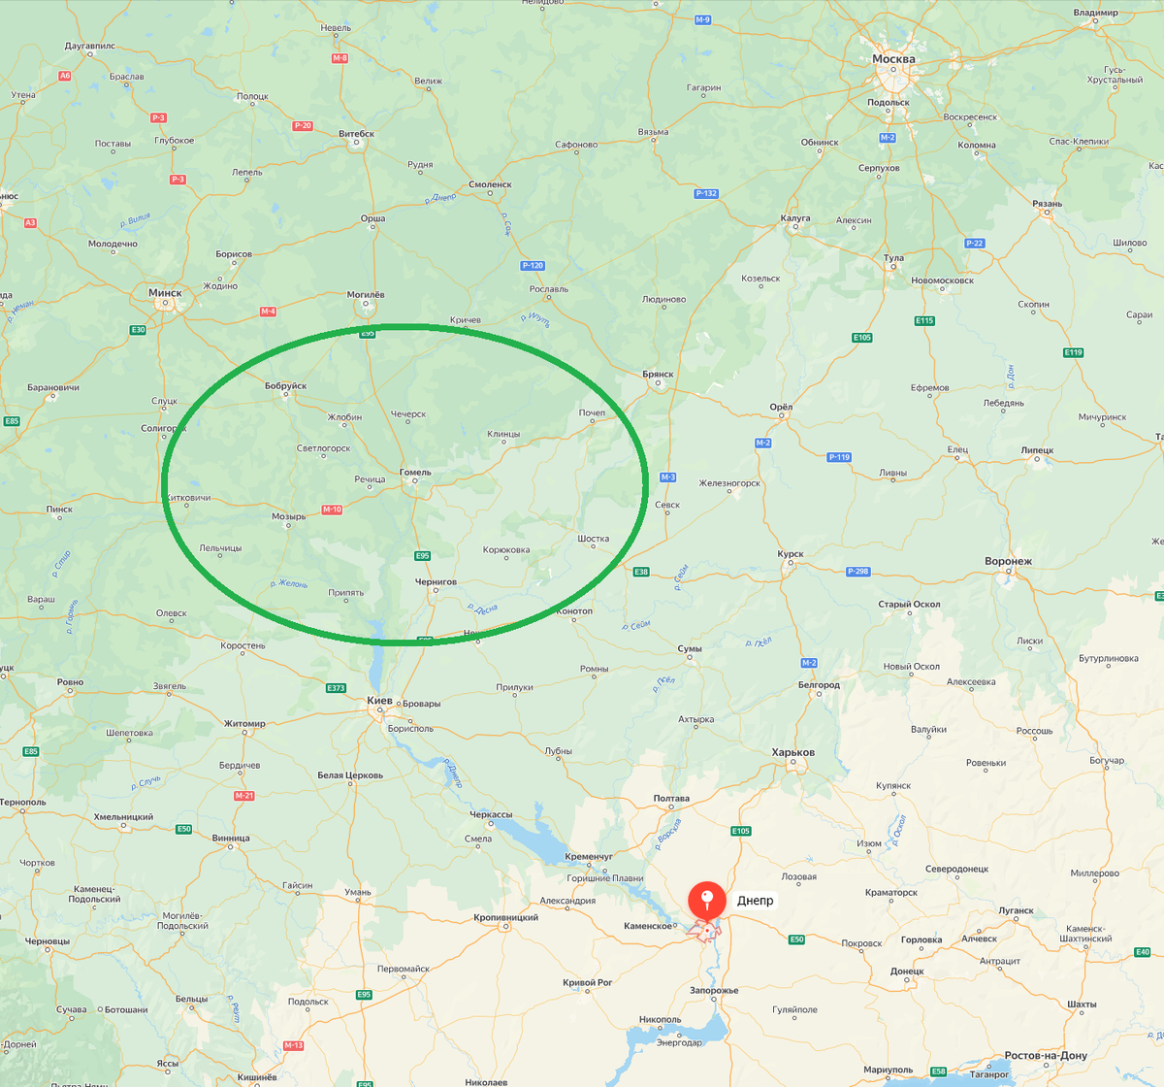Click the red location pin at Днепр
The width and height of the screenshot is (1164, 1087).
(x=707, y=901)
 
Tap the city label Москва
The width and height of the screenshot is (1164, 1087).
(x=893, y=59)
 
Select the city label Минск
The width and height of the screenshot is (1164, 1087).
(x=165, y=292)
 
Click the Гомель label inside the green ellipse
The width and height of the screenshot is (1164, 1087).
(x=415, y=473)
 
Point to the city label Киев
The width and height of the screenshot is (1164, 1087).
(x=379, y=700)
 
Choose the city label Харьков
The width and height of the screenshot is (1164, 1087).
(x=792, y=752)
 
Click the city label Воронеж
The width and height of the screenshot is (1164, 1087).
(x=1008, y=561)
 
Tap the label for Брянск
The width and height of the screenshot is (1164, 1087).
(x=658, y=374)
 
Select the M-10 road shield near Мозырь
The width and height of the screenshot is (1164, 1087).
(x=332, y=510)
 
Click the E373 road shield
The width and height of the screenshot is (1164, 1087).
(x=336, y=688)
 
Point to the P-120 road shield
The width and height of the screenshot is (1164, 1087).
(x=533, y=265)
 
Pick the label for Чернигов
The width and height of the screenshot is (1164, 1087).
(x=436, y=581)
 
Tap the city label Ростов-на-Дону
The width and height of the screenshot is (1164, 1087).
(x=1046, y=1055)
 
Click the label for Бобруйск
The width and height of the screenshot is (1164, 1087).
(x=285, y=385)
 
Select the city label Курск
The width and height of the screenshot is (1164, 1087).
(x=791, y=554)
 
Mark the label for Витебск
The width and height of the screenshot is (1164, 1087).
(x=356, y=134)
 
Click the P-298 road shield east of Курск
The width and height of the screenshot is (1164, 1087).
(x=857, y=571)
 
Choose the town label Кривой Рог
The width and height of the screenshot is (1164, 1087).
(x=587, y=982)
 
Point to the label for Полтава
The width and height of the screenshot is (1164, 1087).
(x=671, y=799)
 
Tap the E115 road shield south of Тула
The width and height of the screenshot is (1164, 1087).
(x=924, y=320)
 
